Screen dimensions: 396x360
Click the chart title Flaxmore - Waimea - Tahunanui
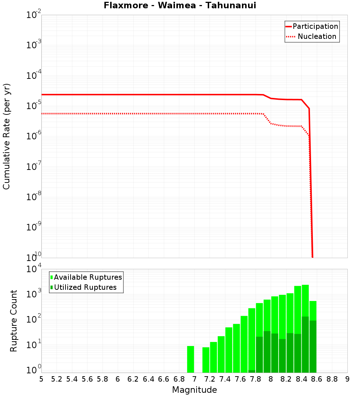click(x=180, y=5)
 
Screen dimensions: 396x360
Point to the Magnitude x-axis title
click(x=194, y=390)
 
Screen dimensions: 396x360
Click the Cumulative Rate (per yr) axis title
click(x=6, y=136)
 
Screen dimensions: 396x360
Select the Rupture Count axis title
click(x=14, y=321)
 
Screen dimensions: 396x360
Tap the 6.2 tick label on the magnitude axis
click(x=133, y=379)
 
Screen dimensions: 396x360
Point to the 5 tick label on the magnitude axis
click(x=41, y=379)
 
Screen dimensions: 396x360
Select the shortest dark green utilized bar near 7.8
click(x=252, y=371)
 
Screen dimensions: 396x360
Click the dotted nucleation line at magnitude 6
click(x=118, y=114)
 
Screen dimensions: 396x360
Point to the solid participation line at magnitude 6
click(x=118, y=95)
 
